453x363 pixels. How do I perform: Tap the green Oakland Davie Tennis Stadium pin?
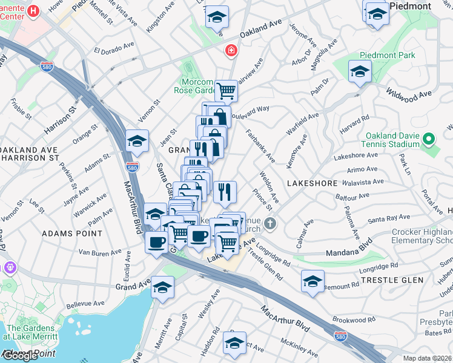(429, 140)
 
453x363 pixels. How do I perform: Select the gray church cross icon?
(271, 224)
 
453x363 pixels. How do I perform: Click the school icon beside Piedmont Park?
(360, 71)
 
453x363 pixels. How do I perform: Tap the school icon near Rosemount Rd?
(312, 281)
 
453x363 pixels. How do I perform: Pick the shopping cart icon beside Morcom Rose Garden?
(226, 91)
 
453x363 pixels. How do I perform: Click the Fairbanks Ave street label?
(261, 146)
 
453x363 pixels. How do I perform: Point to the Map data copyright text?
(426, 358)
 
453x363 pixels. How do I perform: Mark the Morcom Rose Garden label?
(199, 87)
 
